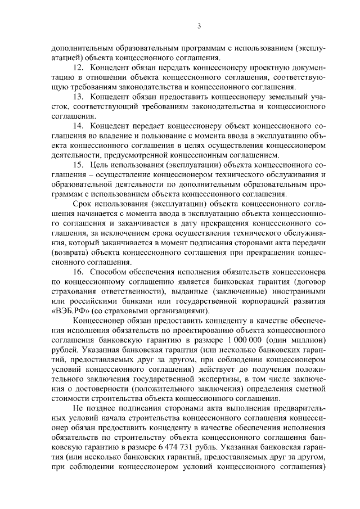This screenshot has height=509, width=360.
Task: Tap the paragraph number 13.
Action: click(78, 97)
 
